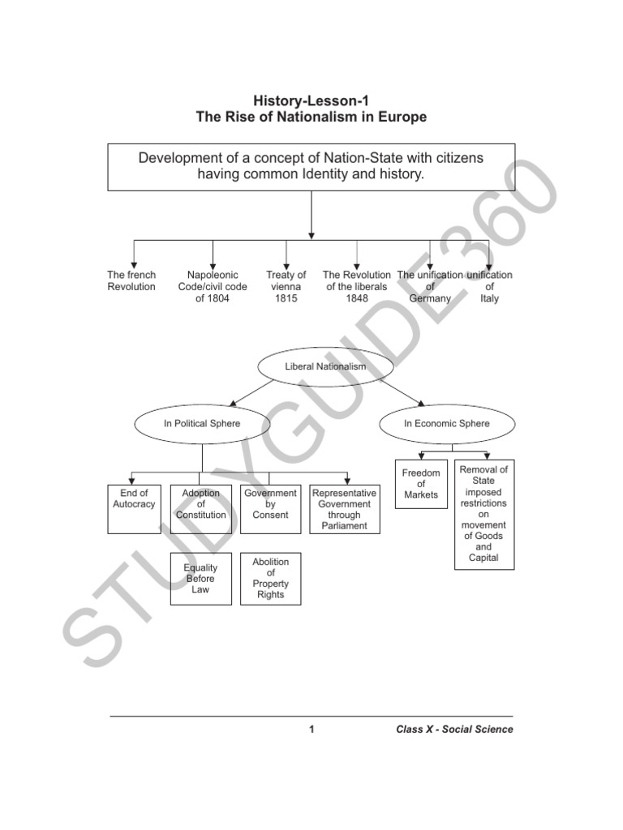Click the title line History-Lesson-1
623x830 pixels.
click(x=311, y=101)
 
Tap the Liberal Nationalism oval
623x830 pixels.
click(x=325, y=367)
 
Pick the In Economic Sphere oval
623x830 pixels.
click(x=446, y=423)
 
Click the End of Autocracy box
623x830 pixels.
click(x=134, y=509)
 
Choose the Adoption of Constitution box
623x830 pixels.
click(x=200, y=509)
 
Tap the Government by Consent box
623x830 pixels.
click(x=270, y=509)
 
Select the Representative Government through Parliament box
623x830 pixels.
click(x=344, y=509)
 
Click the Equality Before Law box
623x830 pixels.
click(x=200, y=579)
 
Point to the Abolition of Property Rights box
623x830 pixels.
click(x=270, y=579)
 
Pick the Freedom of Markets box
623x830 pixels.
click(x=421, y=484)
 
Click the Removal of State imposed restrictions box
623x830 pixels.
click(x=483, y=514)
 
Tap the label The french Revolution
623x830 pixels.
click(x=131, y=281)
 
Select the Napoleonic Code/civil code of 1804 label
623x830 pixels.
click(x=213, y=287)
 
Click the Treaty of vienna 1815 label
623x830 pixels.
click(x=286, y=287)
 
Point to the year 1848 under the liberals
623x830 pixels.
click(x=357, y=298)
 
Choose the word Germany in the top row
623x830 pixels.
click(x=430, y=298)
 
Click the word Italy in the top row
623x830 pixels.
click(x=489, y=298)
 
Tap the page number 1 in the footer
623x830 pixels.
click(x=311, y=729)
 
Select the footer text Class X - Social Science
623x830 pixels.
click(x=454, y=729)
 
